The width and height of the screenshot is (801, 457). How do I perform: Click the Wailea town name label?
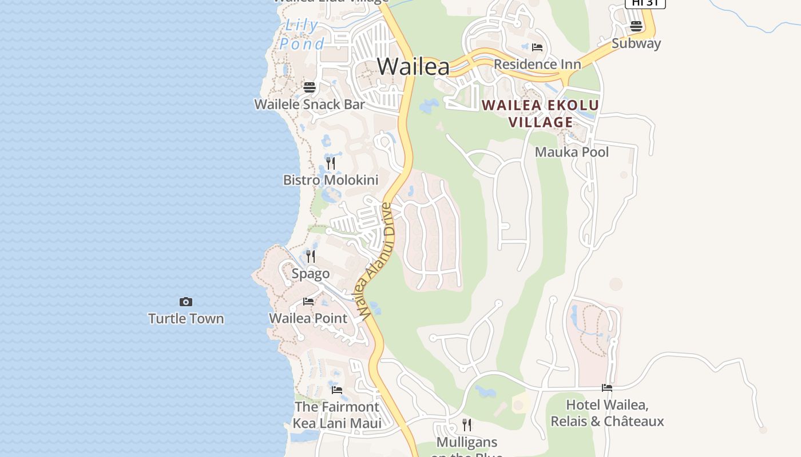[413, 66]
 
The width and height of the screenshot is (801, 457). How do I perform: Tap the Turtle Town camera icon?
[186, 302]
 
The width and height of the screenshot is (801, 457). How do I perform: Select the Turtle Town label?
[186, 319]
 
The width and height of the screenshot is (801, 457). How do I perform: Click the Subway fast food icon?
[636, 26]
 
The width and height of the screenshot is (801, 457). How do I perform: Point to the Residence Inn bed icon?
[537, 47]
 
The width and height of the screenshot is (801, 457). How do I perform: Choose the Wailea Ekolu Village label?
[540, 114]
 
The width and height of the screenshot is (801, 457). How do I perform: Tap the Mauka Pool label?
[572, 152]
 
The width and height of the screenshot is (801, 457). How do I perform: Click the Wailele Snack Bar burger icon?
[310, 87]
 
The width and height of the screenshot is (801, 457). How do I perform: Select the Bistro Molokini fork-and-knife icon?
[331, 163]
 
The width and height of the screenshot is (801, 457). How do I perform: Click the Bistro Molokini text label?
[331, 181]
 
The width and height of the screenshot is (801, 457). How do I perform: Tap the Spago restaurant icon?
[311, 256]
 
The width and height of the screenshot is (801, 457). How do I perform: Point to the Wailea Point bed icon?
[308, 302]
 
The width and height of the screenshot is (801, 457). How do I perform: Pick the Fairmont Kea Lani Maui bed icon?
[337, 390]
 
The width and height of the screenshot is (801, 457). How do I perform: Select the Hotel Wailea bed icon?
[607, 388]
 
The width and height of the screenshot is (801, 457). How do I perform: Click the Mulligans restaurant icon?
[467, 424]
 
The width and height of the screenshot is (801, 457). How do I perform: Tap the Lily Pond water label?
[302, 34]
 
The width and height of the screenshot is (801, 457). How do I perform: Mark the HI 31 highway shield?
[645, 3]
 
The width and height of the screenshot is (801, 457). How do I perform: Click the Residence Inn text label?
[537, 64]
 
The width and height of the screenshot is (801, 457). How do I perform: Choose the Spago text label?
[311, 274]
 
